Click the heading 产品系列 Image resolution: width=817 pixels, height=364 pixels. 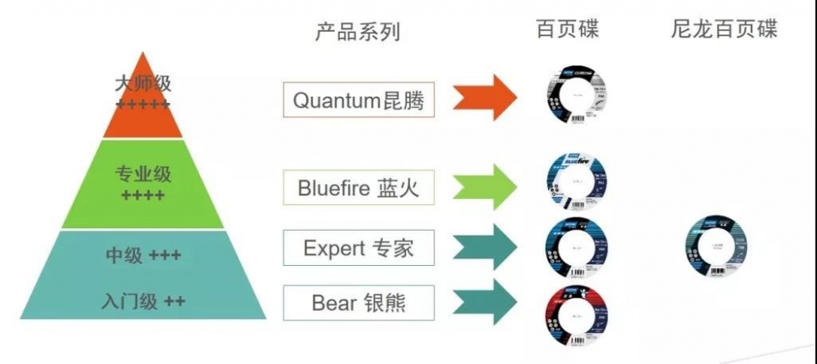coord(357,32)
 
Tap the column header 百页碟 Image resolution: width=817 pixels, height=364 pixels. coord(567,30)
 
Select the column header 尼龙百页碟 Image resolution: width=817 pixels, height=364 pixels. coord(723,30)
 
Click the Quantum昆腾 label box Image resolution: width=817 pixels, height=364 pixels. coord(359,101)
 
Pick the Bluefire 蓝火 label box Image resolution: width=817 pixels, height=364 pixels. coord(359,189)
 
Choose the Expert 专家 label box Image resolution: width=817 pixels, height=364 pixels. coord(359,248)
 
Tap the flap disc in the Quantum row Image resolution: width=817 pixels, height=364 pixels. coord(576,98)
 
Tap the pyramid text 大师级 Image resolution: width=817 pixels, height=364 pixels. coord(143,84)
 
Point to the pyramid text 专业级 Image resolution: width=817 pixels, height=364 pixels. coord(143,174)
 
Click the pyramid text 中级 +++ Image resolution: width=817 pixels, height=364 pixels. coord(143,256)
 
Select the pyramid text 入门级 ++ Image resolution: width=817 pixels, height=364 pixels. coord(143,301)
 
